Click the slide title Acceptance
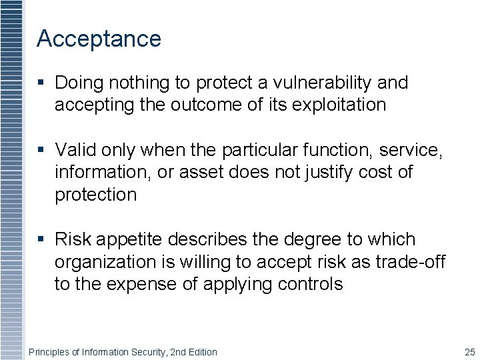(x=99, y=39)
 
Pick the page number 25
(x=469, y=352)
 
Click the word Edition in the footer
(x=201, y=352)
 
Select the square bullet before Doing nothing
(x=41, y=83)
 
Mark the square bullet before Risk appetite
(x=41, y=240)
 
